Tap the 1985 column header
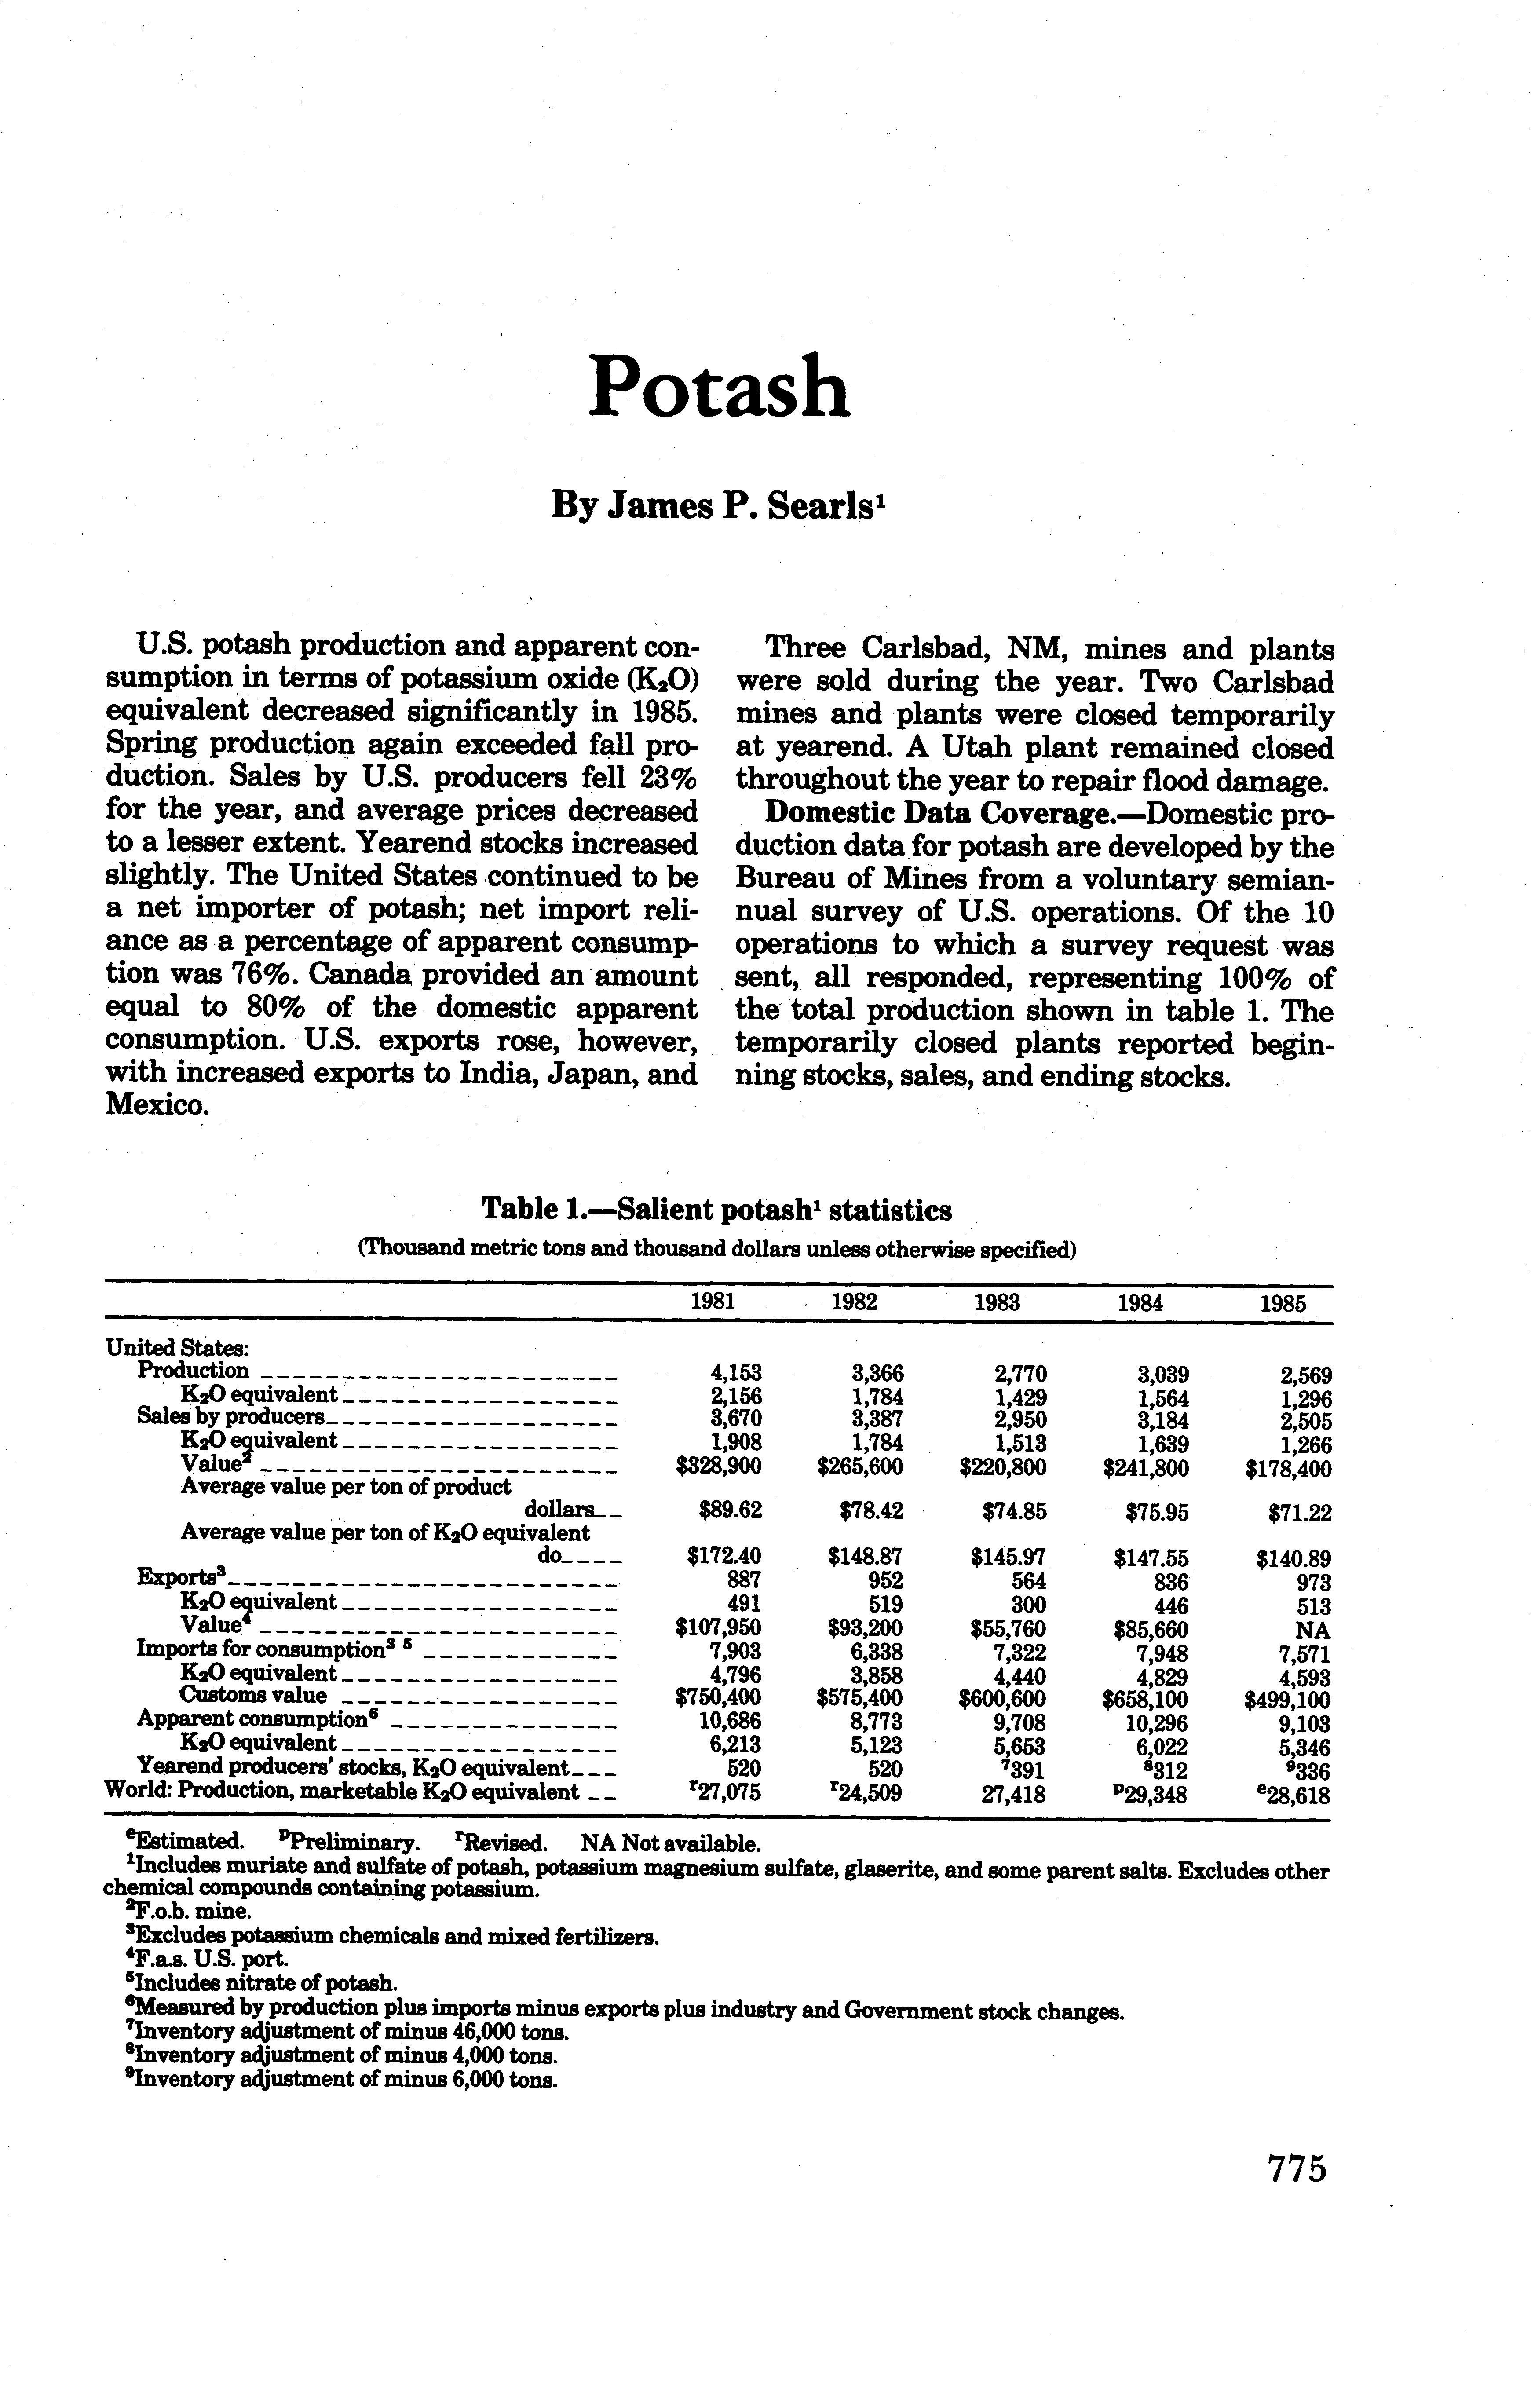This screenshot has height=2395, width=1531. (1283, 1304)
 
